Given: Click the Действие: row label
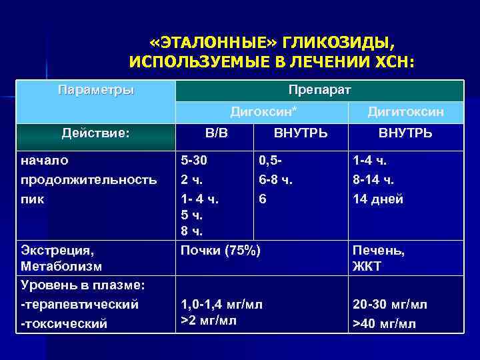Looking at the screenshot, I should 95,133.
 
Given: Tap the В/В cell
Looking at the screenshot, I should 216,133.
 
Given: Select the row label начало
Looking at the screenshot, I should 45,160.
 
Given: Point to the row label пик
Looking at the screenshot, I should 31,199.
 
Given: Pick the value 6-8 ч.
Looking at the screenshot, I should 275,179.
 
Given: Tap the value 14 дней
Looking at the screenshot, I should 378,199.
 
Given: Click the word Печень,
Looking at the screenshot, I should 379,251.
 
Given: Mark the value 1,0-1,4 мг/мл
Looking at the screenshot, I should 222,304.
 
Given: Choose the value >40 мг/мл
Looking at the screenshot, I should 384,324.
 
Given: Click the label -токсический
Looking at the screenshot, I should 64,324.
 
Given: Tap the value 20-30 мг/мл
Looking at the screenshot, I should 390,304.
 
